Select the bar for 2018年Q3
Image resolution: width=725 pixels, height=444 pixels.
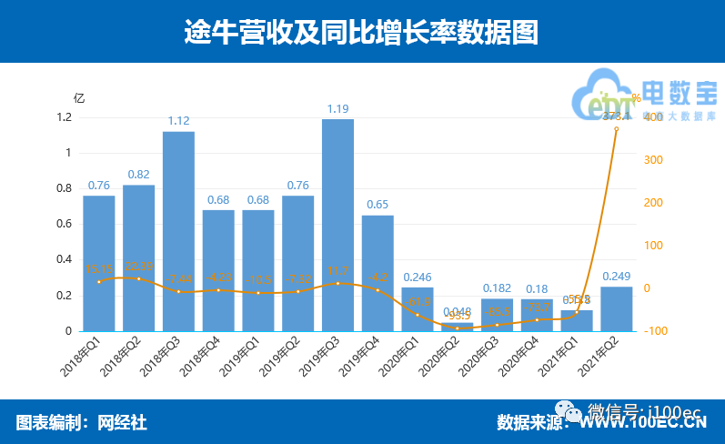coord(178,231)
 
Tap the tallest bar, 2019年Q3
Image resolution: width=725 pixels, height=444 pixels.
coord(337,225)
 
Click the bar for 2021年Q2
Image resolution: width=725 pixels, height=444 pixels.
coord(617,309)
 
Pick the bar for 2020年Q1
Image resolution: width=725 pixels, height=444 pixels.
coord(418,309)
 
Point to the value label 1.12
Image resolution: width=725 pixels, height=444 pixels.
coord(178,121)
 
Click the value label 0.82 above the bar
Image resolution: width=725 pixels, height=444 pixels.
coord(138,175)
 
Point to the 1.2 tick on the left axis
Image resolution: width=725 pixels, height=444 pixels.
coord(64,117)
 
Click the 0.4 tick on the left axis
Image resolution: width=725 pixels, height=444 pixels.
coord(64,260)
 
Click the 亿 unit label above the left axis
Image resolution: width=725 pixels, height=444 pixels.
coord(79,98)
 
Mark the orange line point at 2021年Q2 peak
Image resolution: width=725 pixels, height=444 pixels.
coord(617,128)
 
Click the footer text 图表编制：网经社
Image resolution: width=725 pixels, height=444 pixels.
coord(82,422)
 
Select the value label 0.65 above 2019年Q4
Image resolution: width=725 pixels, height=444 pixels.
coord(378,205)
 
